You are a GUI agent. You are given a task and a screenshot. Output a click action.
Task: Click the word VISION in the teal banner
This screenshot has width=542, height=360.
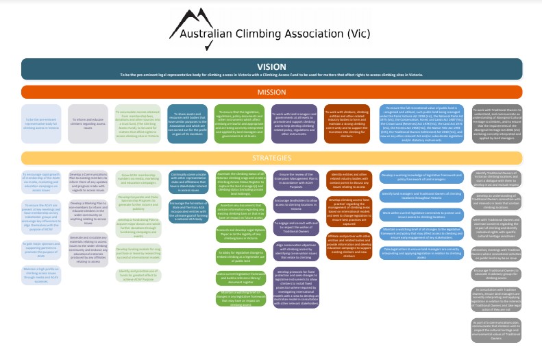click(x=271, y=67)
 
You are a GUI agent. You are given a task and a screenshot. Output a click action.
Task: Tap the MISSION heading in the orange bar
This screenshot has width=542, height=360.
click(x=271, y=91)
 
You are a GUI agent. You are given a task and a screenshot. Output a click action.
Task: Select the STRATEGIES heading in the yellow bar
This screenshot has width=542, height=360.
click(x=271, y=156)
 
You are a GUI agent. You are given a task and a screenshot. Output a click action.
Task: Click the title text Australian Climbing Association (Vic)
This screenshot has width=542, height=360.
click(x=271, y=39)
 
